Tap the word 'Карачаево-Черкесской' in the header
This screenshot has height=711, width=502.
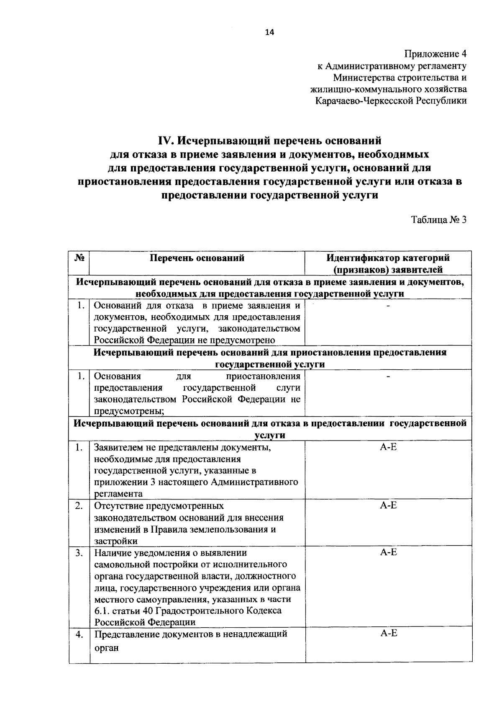coord(364,101)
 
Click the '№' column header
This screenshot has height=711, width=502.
coord(79,258)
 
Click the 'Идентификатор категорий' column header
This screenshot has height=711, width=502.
coord(388,258)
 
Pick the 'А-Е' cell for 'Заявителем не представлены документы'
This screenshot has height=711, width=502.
coord(388,447)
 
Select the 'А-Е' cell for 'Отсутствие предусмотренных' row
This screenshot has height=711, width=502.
coord(388,505)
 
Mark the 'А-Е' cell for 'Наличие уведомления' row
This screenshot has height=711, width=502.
coord(388,552)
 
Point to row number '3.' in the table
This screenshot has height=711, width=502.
coord(79,553)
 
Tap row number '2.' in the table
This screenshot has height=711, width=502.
coord(79,506)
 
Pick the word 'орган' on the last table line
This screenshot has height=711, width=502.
coord(107,648)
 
